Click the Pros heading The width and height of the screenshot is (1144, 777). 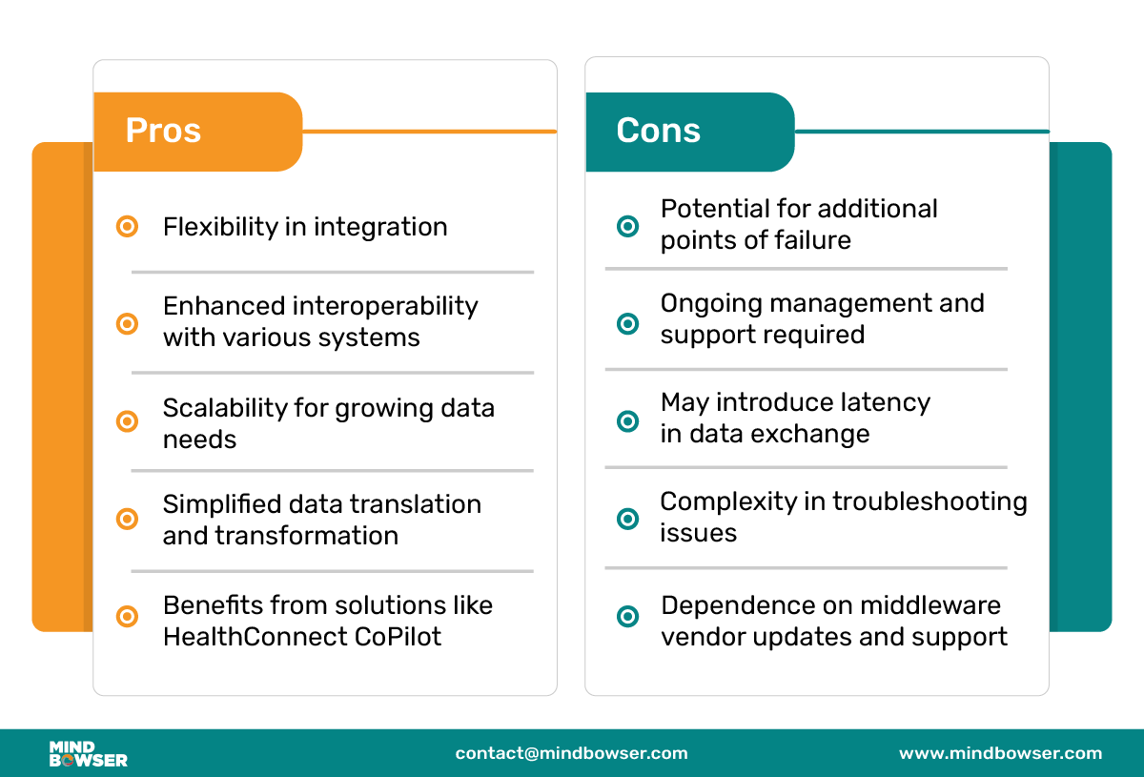[163, 131]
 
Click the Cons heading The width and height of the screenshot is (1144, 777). [659, 131]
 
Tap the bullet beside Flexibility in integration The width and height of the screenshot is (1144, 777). [127, 226]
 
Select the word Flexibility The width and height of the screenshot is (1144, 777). [220, 227]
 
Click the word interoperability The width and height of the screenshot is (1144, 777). [385, 306]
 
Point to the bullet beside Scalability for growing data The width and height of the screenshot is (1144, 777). [127, 421]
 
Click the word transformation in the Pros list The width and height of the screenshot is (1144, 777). [306, 536]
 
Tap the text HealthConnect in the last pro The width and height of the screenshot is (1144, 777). [255, 637]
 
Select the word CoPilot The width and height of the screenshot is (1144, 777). [398, 637]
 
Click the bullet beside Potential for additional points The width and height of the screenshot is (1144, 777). [627, 226]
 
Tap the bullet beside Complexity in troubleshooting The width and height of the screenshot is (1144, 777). [627, 519]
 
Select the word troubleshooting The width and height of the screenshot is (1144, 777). [930, 502]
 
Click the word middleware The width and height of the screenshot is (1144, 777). [930, 605]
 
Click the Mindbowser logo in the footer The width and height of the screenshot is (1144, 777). [89, 754]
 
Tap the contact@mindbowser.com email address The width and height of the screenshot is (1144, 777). [571, 753]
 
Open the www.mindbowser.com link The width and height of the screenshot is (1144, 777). [1000, 753]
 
